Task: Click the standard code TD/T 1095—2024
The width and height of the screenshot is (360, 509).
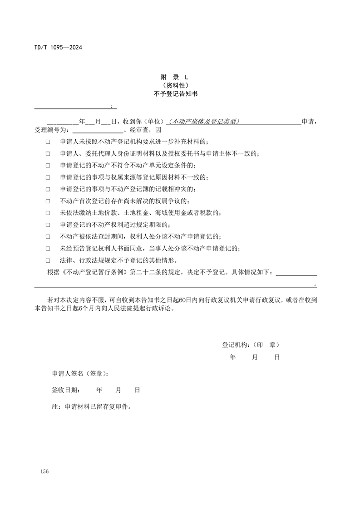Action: tap(58, 47)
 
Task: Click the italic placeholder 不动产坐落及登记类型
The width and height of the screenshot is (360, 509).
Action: tap(203, 122)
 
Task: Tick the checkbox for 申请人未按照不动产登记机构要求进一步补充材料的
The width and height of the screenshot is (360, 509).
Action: tap(48, 142)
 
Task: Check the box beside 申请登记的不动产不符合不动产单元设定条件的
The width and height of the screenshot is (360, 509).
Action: tap(48, 165)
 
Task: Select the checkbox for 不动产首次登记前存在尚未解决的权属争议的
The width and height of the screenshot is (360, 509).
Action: tap(48, 201)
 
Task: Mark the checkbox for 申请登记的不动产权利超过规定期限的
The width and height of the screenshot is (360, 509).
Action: tap(48, 225)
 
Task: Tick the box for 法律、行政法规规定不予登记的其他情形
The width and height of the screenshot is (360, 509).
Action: tap(48, 260)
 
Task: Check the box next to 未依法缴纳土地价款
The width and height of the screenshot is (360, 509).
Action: tap(48, 213)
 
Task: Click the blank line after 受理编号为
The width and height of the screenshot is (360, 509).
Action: tap(98, 130)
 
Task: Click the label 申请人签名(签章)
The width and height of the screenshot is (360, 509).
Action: tap(80, 374)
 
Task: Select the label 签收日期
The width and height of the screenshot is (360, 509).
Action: tap(66, 390)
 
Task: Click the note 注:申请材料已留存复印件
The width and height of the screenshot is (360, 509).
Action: tap(92, 406)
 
